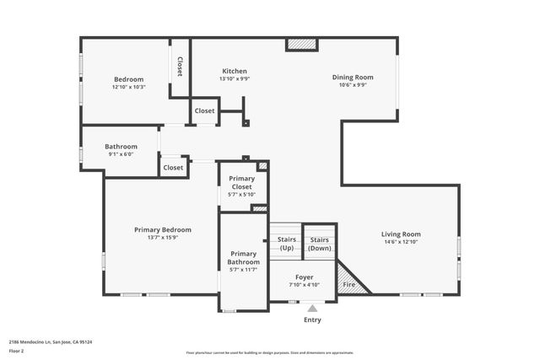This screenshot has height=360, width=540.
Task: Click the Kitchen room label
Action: pos(235,71)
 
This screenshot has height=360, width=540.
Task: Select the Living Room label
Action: pos(401,234)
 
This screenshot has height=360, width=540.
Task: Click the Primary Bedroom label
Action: pos(163,229)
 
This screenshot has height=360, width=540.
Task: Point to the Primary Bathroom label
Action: pos(243,257)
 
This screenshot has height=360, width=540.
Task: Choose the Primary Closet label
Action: pos(242,182)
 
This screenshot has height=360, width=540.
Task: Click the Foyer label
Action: pos(304,277)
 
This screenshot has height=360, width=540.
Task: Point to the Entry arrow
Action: pos(312,309)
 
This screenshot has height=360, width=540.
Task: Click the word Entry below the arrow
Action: pos(312,320)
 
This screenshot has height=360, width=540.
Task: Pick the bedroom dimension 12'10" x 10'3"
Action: pos(128,87)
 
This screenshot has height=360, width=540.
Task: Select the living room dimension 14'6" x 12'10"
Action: pos(401,243)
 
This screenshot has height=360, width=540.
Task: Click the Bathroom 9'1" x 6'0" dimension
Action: pos(121,153)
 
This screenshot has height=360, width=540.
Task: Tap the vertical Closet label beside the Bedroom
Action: pos(180,67)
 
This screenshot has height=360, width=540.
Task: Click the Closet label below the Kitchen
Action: pos(204,110)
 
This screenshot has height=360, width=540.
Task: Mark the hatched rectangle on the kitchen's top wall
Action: pos(301,45)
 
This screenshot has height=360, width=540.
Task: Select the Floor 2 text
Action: pos(17,350)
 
